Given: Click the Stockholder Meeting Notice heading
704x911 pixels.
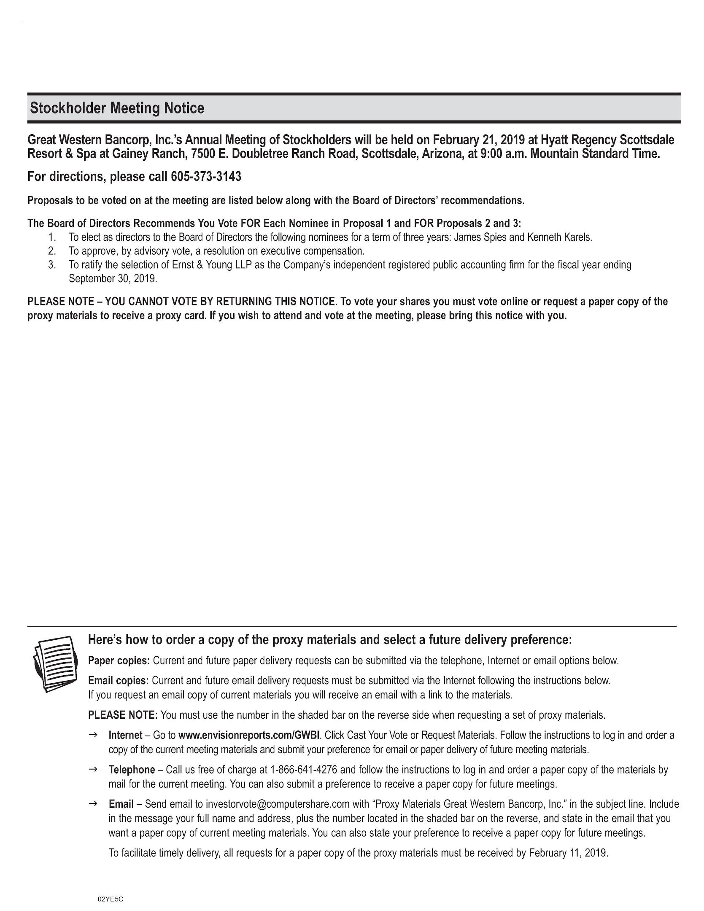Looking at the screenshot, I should pyautogui.click(x=117, y=108).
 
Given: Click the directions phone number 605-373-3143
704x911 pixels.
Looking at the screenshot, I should pyautogui.click(x=206, y=177).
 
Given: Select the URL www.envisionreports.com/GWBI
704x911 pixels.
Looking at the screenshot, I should pyautogui.click(x=250, y=736).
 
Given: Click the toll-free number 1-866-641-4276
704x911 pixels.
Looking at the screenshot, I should pyautogui.click(x=303, y=770).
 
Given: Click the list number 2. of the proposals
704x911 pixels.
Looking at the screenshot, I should pyautogui.click(x=52, y=251).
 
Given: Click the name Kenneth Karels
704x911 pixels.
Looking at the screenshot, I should pyautogui.click(x=559, y=237).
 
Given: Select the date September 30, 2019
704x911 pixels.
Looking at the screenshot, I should pyautogui.click(x=112, y=279).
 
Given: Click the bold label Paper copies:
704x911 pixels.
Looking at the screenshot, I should pyautogui.click(x=119, y=661).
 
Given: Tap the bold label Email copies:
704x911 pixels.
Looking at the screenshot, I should pyautogui.click(x=118, y=681).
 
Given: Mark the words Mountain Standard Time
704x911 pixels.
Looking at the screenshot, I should pyautogui.click(x=594, y=154).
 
